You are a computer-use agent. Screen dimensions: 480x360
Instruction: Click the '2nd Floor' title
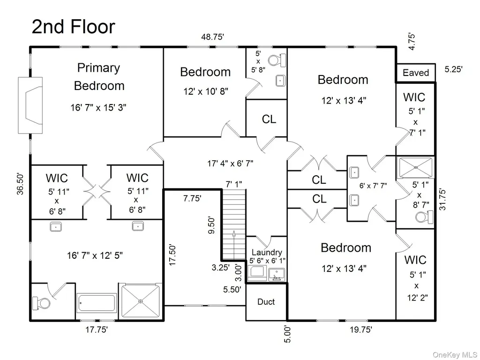(x=74, y=27)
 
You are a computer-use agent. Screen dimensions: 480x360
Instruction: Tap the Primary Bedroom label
(x=99, y=76)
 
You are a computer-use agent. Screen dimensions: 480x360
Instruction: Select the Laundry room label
(x=267, y=252)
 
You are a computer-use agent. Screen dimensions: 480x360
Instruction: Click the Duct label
(x=266, y=302)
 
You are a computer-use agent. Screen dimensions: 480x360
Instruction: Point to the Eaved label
(x=416, y=73)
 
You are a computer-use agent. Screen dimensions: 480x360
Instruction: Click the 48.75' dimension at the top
(x=212, y=37)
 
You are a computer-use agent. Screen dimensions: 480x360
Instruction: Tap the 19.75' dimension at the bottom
(x=361, y=330)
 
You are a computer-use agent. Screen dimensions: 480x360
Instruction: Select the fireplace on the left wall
(x=30, y=105)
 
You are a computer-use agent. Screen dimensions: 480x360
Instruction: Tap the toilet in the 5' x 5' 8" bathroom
(x=277, y=60)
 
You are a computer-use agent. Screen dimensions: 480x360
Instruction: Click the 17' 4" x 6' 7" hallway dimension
(x=230, y=164)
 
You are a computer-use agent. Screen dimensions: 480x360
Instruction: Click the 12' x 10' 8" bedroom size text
(x=206, y=91)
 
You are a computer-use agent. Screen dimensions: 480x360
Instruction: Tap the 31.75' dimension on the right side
(x=442, y=199)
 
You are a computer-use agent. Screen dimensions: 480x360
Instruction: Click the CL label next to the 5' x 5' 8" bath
(x=269, y=119)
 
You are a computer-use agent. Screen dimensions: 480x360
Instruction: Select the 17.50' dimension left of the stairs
(x=172, y=255)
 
